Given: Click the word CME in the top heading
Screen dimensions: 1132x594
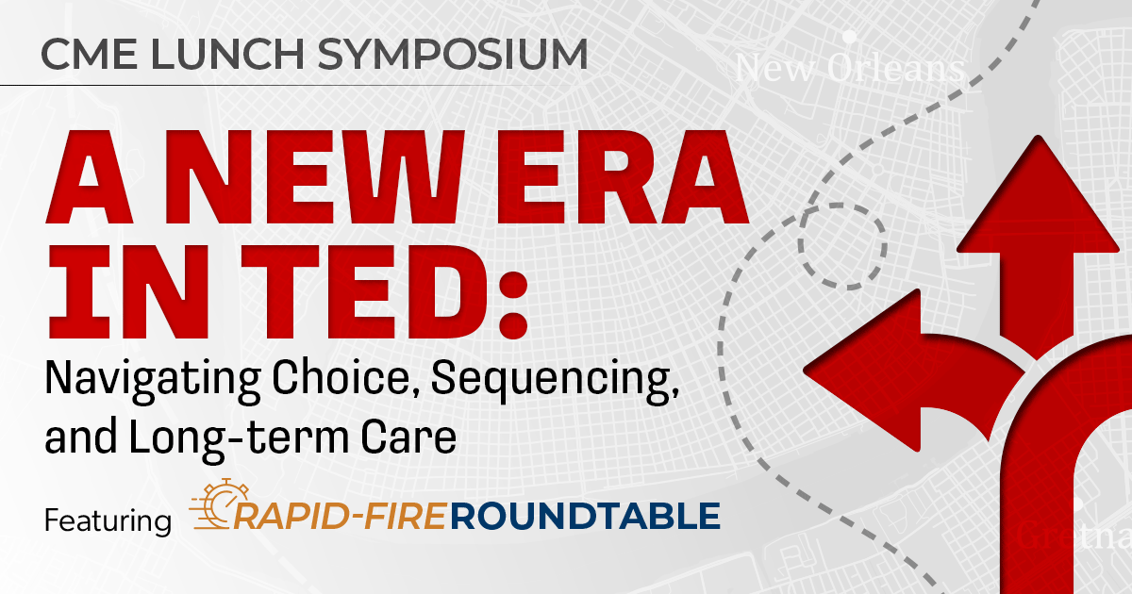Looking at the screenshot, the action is point(89,54).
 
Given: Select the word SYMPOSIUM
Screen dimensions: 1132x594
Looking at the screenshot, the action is point(452,54).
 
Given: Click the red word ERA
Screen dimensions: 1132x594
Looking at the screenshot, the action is point(622,177).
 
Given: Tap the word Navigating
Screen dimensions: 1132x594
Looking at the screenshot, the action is point(153,381).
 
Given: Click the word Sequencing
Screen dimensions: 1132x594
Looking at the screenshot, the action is point(555,381).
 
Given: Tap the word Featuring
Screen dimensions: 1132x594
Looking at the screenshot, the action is point(108,521).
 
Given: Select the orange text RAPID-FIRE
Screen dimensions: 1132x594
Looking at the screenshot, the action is point(339,517).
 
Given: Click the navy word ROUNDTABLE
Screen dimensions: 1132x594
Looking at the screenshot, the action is point(585,517).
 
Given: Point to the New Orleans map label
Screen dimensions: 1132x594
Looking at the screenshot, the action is point(850,68).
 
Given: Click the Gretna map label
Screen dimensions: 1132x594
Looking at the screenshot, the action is point(1074,535).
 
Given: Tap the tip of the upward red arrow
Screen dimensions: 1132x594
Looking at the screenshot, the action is point(1039,137).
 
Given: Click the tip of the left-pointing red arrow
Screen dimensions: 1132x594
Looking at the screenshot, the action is point(805,371).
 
